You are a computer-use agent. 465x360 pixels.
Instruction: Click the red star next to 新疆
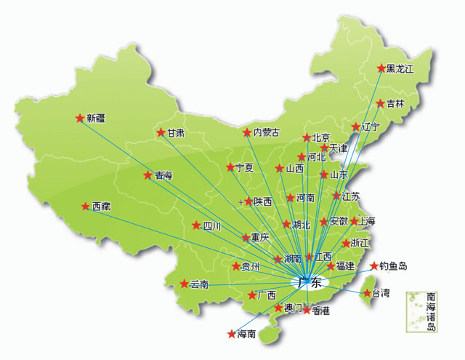point(79,117)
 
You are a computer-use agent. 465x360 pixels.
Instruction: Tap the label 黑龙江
point(400,68)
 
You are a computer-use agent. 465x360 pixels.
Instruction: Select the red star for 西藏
point(85,206)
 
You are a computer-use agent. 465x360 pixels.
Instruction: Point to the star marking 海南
point(231,335)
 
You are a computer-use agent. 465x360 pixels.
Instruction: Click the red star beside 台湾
point(365,293)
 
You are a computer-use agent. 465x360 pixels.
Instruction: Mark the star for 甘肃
point(161,132)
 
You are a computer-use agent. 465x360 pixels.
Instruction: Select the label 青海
point(163,175)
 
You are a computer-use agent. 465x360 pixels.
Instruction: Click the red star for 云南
point(184,284)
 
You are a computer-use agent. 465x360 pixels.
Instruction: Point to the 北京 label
point(321,137)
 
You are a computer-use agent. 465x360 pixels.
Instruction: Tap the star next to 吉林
point(379,103)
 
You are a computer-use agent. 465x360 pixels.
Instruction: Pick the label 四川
point(211,225)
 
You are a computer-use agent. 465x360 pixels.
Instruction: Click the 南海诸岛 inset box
point(422,311)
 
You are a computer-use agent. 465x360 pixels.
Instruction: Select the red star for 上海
point(354,221)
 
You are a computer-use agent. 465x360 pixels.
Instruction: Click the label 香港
point(321,311)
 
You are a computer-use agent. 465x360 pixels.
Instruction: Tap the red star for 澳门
point(278,308)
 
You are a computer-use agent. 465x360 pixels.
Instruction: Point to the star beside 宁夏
point(230,167)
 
